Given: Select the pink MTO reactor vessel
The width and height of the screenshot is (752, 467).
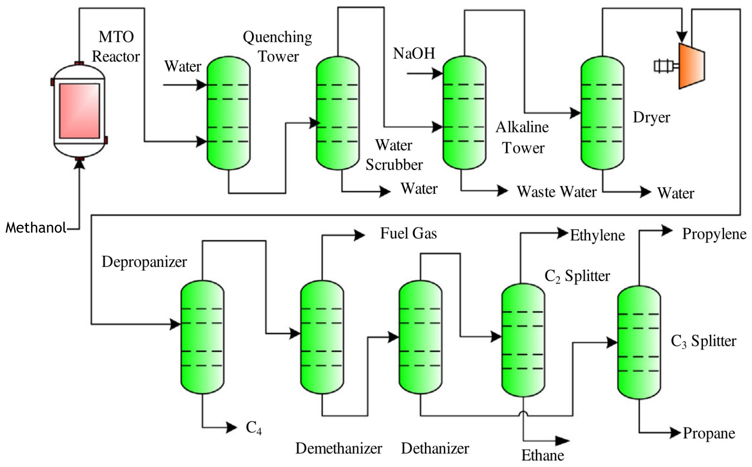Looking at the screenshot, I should tap(80, 111).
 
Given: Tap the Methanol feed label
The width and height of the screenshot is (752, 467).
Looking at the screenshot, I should tap(36, 228).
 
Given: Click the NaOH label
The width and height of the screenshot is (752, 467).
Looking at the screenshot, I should tap(414, 53).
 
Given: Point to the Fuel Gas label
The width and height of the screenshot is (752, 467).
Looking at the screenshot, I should tap(408, 233).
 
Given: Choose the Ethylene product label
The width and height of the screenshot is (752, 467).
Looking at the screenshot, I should tap(597, 235).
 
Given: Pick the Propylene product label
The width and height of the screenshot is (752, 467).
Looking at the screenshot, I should tap(714, 234).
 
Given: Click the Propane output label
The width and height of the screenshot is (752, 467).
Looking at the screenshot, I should tap(709, 433).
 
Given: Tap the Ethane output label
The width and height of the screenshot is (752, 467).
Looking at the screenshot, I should tap(543, 455).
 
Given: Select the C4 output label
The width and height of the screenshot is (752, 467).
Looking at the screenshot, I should tap(254, 428).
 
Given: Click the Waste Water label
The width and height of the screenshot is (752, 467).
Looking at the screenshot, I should tap(557, 192).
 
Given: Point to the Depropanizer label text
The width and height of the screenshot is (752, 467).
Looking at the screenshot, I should tap(144, 262).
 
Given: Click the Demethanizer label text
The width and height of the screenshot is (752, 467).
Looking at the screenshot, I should tap(339, 448).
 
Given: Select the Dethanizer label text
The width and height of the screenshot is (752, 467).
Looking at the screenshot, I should tap(435, 448).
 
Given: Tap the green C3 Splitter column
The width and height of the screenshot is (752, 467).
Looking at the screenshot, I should tap(639, 342).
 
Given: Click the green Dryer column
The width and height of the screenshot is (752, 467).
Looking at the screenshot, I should tap(602, 113).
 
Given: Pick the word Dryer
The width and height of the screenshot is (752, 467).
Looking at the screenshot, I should tap(651, 118).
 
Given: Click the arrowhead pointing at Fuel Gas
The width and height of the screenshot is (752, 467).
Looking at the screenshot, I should tap(360, 234).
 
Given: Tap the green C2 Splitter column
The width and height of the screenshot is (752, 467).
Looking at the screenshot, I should tap(523, 340).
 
